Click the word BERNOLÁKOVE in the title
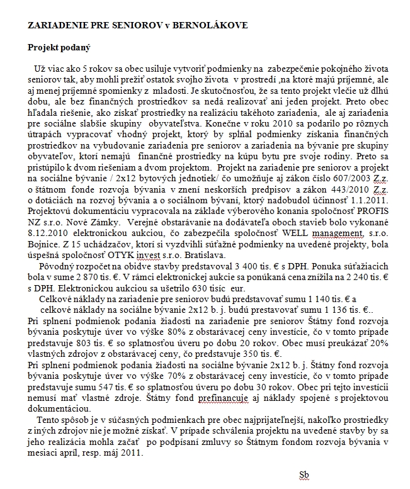pos(211,25)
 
